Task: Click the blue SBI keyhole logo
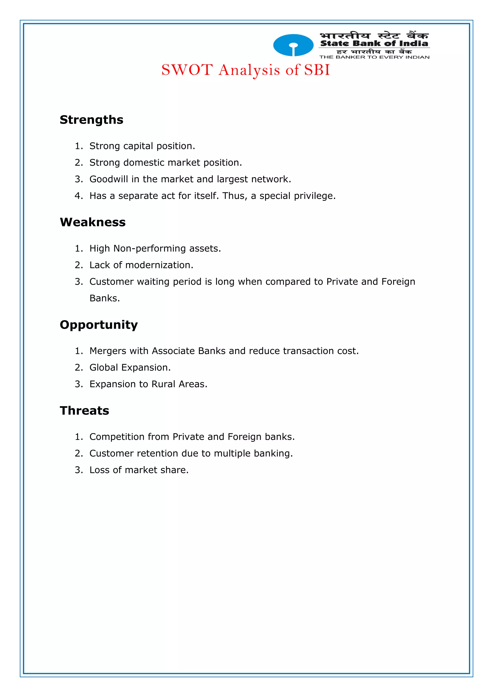(293, 45)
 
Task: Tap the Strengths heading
(91, 120)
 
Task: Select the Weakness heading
(93, 222)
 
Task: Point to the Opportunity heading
(99, 325)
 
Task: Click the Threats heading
(84, 410)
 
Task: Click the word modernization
(159, 265)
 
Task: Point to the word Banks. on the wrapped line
(105, 298)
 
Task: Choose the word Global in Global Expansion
(104, 368)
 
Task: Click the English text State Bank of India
(374, 43)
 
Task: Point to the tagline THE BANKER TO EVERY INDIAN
(374, 57)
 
